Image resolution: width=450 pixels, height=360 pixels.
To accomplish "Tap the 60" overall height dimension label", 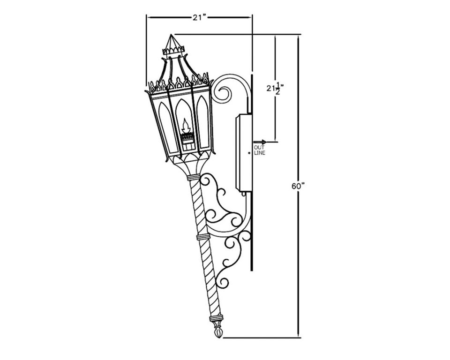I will click(298, 186).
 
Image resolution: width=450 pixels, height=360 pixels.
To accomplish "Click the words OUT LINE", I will click(259, 150).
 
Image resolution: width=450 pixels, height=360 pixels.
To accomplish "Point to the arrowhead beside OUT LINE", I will click(264, 142).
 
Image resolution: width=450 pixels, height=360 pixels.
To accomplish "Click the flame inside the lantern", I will click(186, 125).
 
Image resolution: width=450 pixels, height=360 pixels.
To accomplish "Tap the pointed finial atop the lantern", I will click(172, 42).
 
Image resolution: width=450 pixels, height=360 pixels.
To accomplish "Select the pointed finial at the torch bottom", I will click(217, 332).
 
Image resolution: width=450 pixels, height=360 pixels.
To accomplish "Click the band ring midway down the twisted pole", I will click(202, 237).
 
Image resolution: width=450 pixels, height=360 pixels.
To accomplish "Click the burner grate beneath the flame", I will click(187, 137).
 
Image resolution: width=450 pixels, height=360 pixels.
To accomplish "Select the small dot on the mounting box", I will click(249, 153).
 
